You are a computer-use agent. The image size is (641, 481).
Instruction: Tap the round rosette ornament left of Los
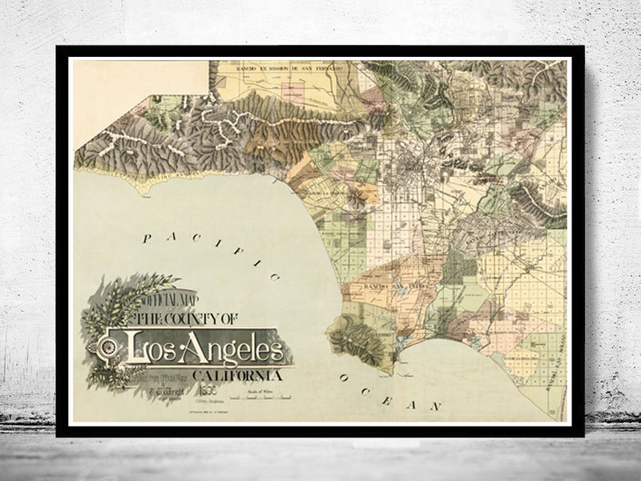[106, 349]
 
